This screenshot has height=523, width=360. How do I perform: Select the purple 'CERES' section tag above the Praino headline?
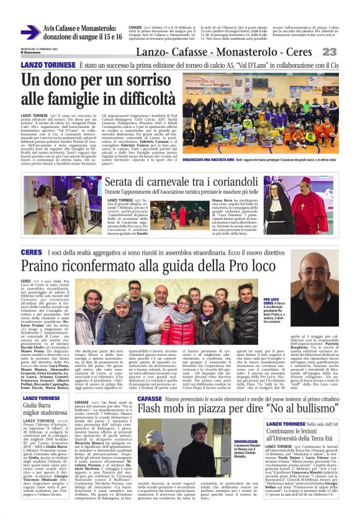click(x=31, y=252)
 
